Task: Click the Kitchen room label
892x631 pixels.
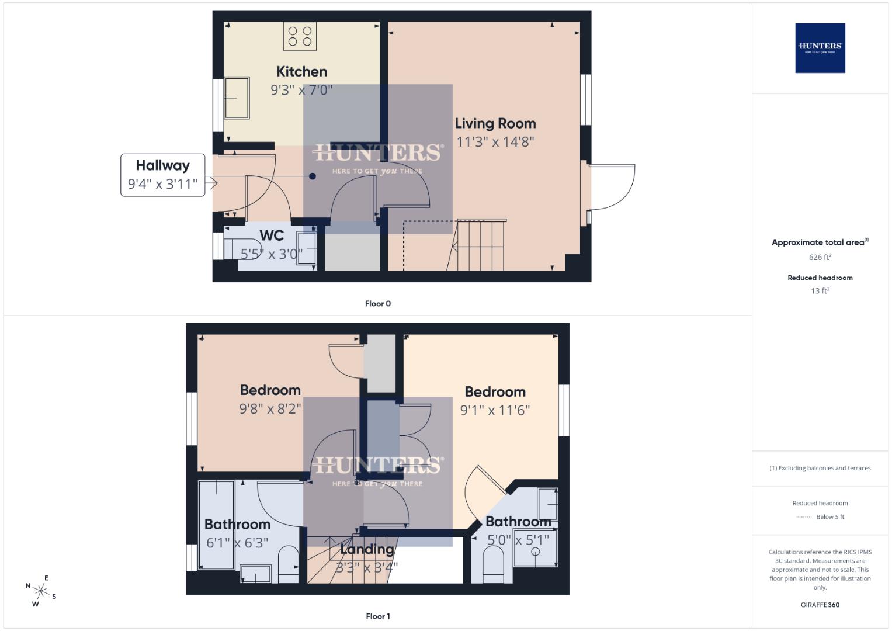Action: [x=301, y=72]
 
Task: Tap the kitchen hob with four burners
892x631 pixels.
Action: [x=300, y=36]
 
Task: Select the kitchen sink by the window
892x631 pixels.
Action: [x=237, y=98]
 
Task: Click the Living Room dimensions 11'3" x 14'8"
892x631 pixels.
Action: [x=495, y=142]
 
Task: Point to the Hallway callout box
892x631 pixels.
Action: [x=162, y=175]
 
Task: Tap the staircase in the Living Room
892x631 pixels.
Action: [x=479, y=245]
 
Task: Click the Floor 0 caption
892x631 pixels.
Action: [x=377, y=304]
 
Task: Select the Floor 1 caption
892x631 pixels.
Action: [x=377, y=616]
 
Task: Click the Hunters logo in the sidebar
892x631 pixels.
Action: [x=820, y=48]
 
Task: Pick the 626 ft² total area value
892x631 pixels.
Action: [x=820, y=257]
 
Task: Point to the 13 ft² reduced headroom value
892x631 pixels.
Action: [x=820, y=291]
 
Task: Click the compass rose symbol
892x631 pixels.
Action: [x=41, y=591]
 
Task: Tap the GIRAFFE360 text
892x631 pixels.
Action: [x=820, y=605]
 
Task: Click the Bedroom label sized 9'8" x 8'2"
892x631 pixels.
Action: [x=270, y=390]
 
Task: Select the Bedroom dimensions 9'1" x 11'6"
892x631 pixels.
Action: [x=495, y=410]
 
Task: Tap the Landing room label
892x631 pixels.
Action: [x=366, y=550]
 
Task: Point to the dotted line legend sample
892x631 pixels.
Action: [x=804, y=517]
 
